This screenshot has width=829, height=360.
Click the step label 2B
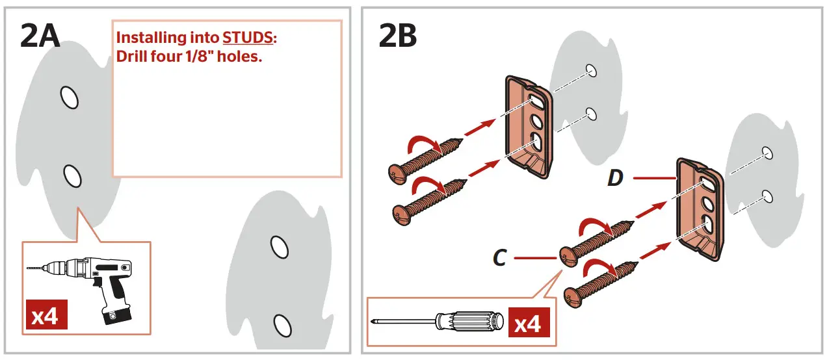click(x=398, y=36)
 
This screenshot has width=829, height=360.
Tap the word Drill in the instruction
click(x=131, y=57)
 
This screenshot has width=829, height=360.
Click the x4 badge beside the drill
click(x=46, y=316)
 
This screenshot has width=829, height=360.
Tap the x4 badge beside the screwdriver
click(x=527, y=324)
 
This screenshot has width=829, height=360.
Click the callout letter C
click(x=499, y=259)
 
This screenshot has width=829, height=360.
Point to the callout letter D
click(x=615, y=177)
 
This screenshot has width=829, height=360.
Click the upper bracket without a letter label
click(x=530, y=127)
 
